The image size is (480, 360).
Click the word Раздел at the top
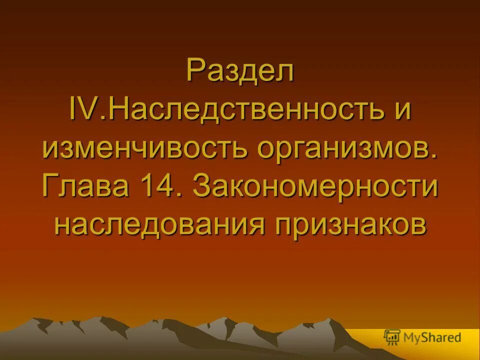pos(240,71)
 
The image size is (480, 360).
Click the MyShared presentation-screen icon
pos(391,337)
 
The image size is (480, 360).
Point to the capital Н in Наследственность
pos(117,109)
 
